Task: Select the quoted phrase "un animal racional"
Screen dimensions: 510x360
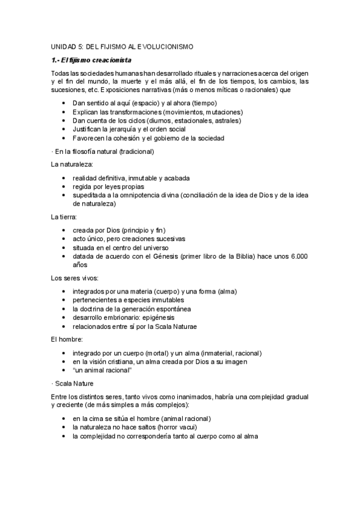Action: pos(102,370)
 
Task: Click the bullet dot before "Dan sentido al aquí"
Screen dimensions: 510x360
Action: pos(64,103)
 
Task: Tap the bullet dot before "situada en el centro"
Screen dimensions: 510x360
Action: pos(64,247)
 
